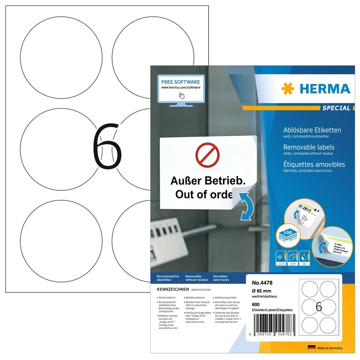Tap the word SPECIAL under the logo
[336, 108]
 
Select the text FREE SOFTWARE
[180, 81]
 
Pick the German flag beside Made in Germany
[311, 348]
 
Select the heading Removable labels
[309, 147]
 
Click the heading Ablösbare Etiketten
[312, 130]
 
